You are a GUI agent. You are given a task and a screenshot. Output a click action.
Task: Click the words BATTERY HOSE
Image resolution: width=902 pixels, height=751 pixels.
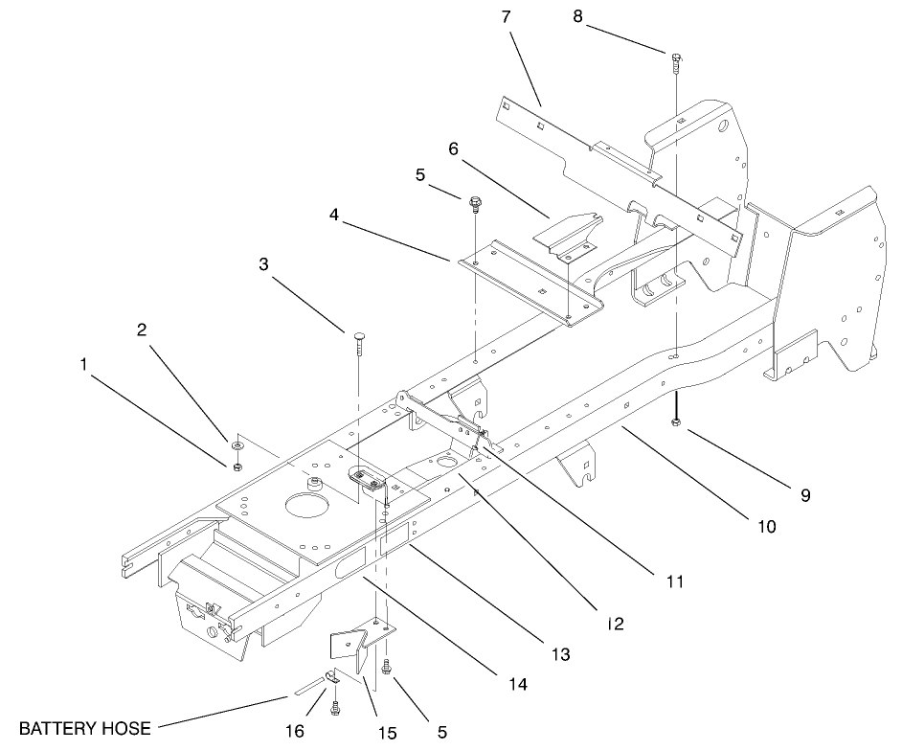[85, 729]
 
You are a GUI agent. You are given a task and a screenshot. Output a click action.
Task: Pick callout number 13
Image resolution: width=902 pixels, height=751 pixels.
[560, 655]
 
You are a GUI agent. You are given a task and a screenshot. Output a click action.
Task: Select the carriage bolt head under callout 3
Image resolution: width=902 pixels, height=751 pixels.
[358, 334]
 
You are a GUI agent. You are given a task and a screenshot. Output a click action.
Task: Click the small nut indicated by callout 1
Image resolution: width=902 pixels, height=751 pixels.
[235, 467]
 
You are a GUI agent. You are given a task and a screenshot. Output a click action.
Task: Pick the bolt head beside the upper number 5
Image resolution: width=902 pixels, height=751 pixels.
[476, 202]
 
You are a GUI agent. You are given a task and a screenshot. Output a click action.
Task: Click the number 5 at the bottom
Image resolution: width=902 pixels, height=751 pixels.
[441, 732]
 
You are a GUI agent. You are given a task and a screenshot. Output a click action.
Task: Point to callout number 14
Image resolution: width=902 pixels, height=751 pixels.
[519, 685]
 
